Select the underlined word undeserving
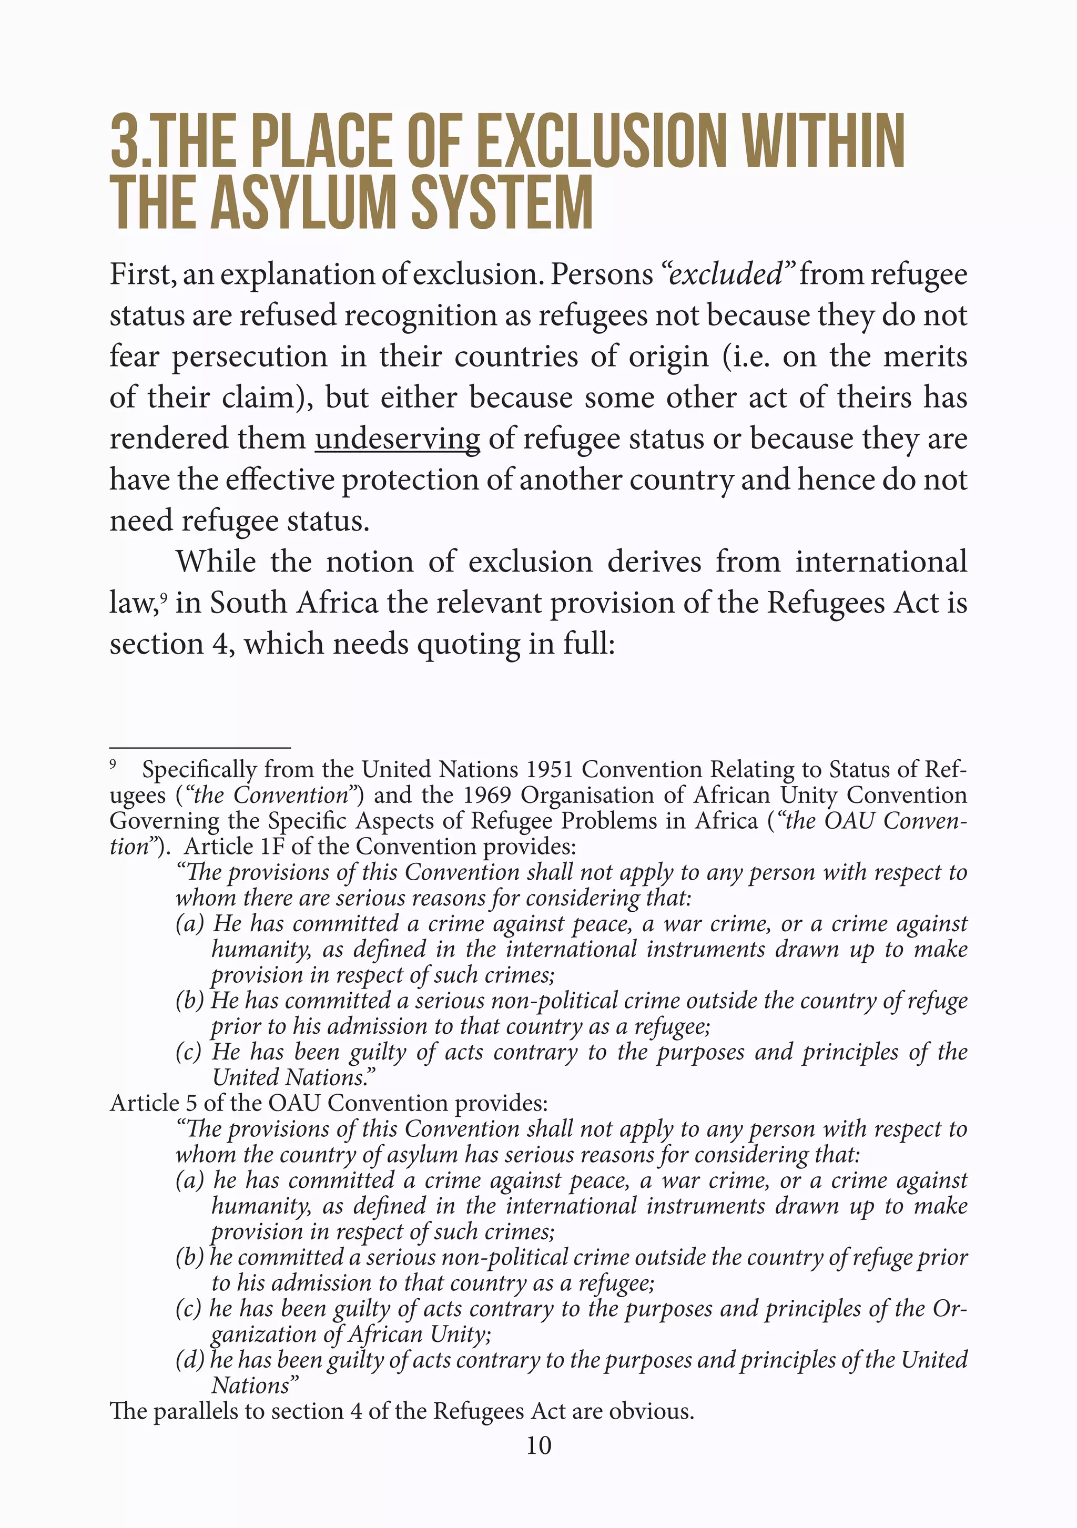(x=398, y=439)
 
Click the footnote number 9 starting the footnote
(x=113, y=766)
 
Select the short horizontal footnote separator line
(x=200, y=748)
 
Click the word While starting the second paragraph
(x=216, y=562)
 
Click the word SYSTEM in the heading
(x=502, y=203)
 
